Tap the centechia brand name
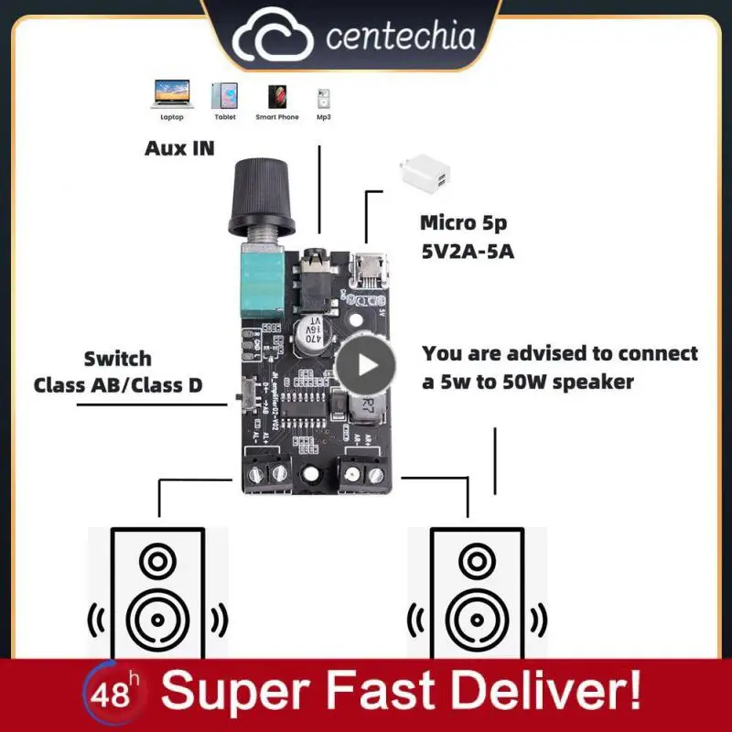click(401, 38)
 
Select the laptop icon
click(171, 95)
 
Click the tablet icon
click(224, 95)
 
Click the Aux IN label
click(179, 147)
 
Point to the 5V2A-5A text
click(468, 250)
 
